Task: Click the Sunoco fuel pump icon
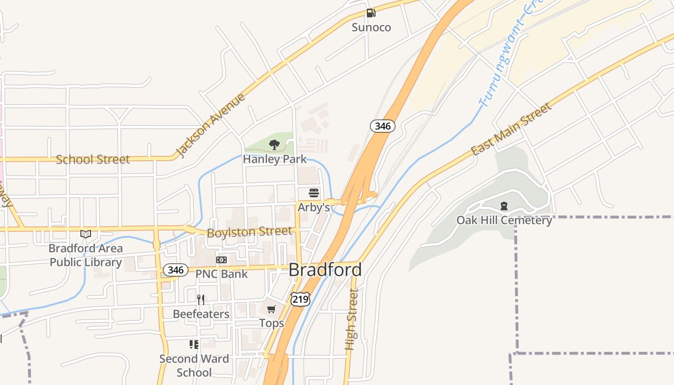(370, 13)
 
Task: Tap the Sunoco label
(371, 27)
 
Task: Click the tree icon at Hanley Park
(274, 144)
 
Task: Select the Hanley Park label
(274, 159)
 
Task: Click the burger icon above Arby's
(314, 193)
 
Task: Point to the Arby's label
(314, 207)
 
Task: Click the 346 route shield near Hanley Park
(383, 126)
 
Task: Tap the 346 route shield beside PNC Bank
(176, 270)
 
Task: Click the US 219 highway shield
(300, 299)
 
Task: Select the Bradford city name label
(325, 270)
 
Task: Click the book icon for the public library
(86, 234)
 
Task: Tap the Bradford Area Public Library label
(86, 256)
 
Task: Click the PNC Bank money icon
(221, 260)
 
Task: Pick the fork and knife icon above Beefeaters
(201, 300)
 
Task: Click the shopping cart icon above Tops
(272, 309)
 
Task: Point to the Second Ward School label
(194, 366)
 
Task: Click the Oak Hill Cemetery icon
(504, 206)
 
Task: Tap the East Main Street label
(511, 129)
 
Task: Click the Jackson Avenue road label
(210, 126)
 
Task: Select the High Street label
(352, 319)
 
